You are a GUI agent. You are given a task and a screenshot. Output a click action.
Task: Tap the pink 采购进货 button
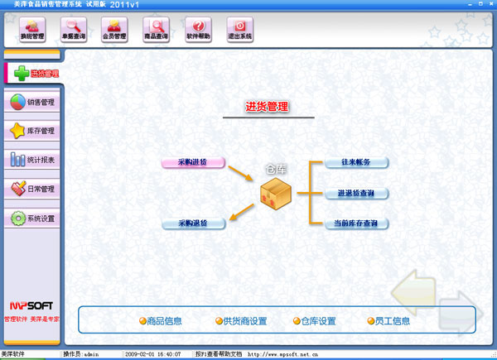pyautogui.click(x=192, y=162)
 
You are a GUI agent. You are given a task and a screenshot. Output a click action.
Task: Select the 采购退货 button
pyautogui.click(x=192, y=223)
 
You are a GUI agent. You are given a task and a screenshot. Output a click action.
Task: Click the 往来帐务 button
pyautogui.click(x=356, y=163)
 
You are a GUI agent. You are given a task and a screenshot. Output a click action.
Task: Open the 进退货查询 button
pyautogui.click(x=356, y=193)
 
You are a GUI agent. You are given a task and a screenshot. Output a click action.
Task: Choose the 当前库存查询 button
pyautogui.click(x=356, y=223)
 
